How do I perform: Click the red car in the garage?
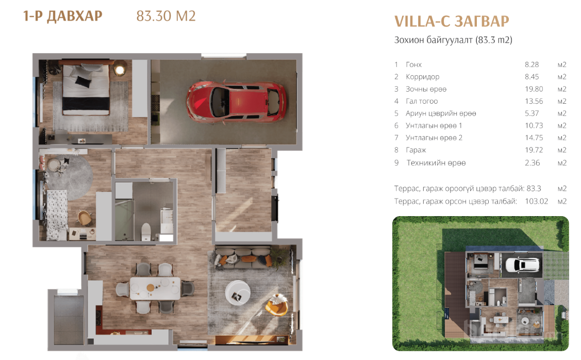point(236,101)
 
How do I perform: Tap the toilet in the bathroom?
point(146,232)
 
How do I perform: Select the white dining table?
point(155,288)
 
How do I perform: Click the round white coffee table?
point(238,292)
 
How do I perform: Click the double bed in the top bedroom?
point(86,89)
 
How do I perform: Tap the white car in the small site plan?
point(522,265)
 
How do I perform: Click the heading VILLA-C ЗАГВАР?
point(452,22)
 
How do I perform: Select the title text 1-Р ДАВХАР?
point(62,17)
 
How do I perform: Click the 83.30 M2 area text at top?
point(166,16)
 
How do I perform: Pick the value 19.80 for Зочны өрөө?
point(534,89)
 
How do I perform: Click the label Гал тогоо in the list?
point(422,101)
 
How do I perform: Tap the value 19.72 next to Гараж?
point(534,150)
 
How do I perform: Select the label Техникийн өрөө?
point(436,163)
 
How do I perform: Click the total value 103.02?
point(536,201)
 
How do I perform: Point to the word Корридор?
point(422,77)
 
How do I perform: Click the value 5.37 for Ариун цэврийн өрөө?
point(532,113)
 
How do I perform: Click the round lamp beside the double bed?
point(119,69)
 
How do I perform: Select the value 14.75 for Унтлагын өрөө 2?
point(534,138)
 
